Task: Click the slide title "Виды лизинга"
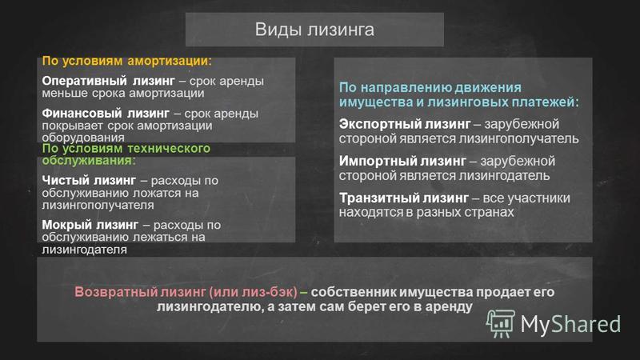[x=314, y=30]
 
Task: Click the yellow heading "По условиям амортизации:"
[x=127, y=61]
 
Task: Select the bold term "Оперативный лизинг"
[x=108, y=81]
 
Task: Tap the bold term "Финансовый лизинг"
[x=106, y=113]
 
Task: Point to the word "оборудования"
[x=83, y=138]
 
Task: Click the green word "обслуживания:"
[x=89, y=161]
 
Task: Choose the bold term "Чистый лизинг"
[x=89, y=180]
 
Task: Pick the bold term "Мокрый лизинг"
[x=90, y=225]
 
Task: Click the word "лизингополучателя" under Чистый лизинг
[x=98, y=205]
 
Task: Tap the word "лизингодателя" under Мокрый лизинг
[x=85, y=249]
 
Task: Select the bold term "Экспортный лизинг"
[x=405, y=124]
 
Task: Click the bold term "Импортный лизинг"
[x=402, y=161]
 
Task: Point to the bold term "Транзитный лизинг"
[x=404, y=198]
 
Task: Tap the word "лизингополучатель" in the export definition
[x=518, y=138]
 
